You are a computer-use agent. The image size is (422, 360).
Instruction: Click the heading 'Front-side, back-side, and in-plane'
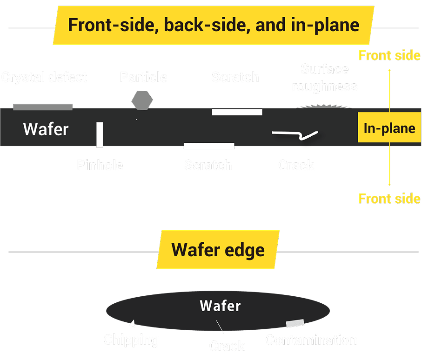click(x=214, y=25)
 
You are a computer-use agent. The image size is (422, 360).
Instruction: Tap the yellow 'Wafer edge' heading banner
click(x=218, y=250)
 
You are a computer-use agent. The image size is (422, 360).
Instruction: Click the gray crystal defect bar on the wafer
click(x=43, y=107)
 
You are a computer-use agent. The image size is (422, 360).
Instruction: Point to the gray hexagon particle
click(x=142, y=100)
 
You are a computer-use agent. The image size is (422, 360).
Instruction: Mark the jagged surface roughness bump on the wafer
click(x=324, y=107)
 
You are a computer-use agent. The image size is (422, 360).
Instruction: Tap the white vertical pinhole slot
click(x=100, y=134)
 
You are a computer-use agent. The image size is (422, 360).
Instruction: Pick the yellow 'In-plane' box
click(x=389, y=128)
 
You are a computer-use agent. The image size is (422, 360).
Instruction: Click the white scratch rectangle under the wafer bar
click(x=209, y=146)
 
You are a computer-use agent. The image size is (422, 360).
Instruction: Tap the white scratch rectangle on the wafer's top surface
click(x=237, y=112)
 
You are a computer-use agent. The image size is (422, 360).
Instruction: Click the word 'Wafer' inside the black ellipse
click(x=220, y=306)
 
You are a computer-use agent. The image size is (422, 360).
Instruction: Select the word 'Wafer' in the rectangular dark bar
click(x=46, y=129)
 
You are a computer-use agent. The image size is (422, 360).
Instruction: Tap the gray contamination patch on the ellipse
click(x=295, y=323)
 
